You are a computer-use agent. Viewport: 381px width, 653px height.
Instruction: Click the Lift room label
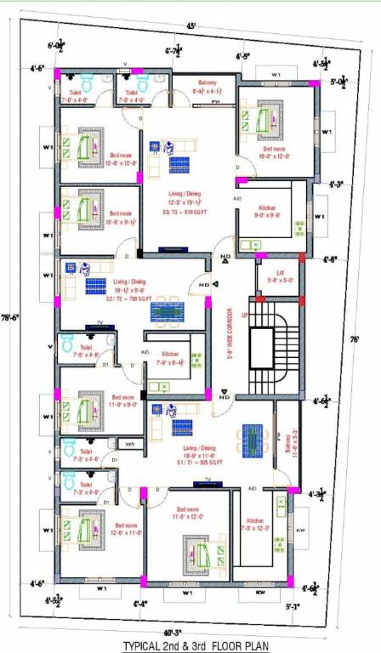coord(277,277)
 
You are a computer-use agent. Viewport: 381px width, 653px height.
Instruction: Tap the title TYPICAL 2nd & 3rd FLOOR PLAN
coord(196,645)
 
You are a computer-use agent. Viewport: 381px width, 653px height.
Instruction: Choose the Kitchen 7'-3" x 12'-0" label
coord(255,525)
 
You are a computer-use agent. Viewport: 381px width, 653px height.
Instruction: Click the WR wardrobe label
coord(129,444)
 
